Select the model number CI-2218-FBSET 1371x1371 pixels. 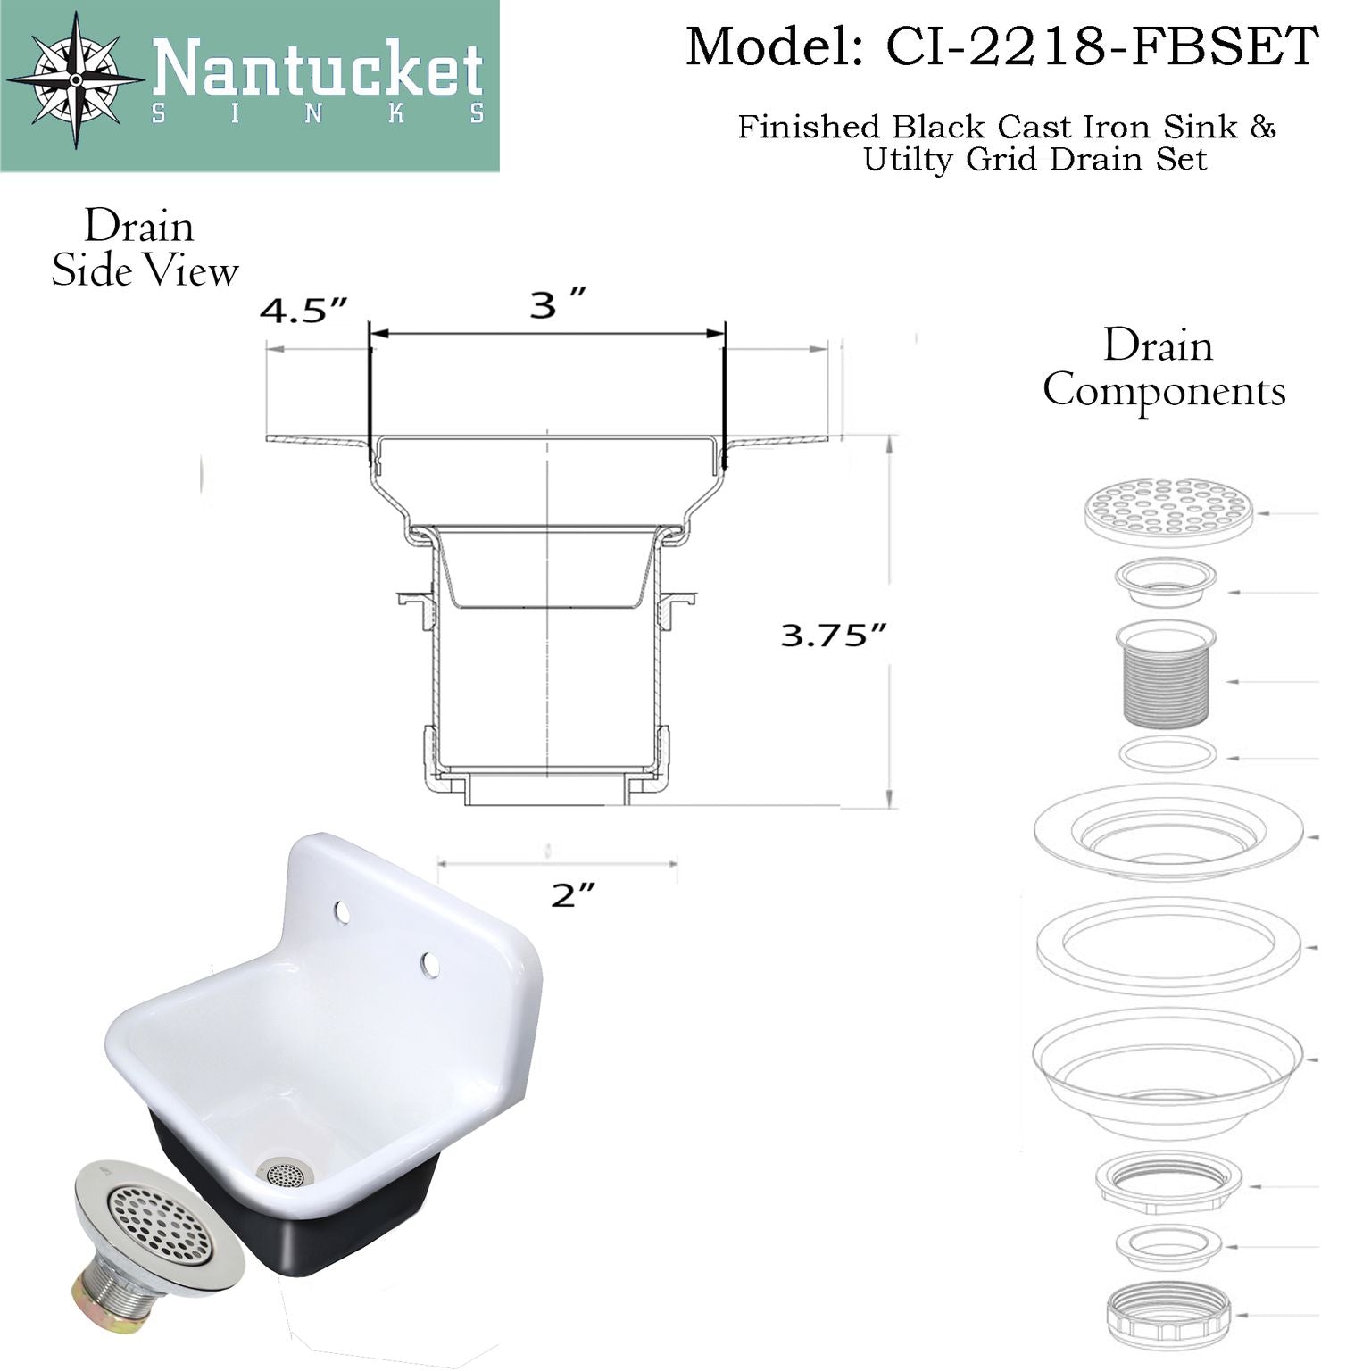(1101, 46)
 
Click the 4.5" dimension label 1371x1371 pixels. (303, 312)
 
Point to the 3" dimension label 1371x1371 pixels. (557, 305)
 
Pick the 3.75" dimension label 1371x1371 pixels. (834, 635)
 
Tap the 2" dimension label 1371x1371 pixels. (572, 894)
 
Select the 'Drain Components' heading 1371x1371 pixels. (1164, 368)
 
